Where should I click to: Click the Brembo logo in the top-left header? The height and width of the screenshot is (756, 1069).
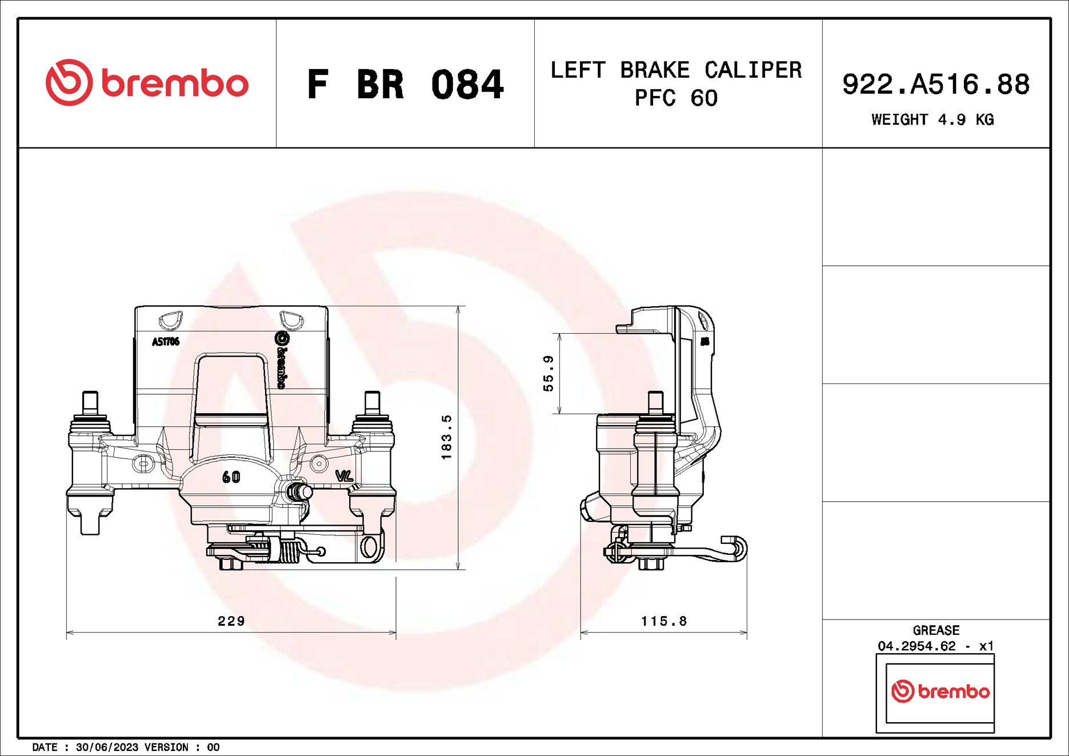tap(147, 83)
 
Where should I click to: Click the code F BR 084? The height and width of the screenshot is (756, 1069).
tap(405, 85)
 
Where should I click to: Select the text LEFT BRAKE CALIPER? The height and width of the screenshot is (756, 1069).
tap(676, 70)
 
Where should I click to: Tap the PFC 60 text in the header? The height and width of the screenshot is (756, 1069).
tap(676, 98)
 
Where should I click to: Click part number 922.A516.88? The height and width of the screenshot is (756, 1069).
tap(935, 85)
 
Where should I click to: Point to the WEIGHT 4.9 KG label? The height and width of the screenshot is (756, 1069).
tap(932, 119)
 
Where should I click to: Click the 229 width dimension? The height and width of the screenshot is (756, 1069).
tap(231, 621)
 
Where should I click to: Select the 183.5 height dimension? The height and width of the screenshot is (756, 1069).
tap(446, 437)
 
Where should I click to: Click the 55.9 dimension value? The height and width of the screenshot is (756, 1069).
tap(548, 373)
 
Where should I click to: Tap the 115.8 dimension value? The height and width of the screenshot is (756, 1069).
tap(663, 621)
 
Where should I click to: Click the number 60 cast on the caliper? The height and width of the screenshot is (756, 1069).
tap(231, 477)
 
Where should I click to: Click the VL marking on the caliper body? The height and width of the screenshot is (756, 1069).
tap(344, 475)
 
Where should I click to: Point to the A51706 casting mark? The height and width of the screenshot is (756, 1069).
tap(165, 342)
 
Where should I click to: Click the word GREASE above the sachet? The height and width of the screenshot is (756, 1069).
tap(936, 630)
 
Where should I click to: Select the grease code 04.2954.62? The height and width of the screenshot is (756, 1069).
tap(916, 646)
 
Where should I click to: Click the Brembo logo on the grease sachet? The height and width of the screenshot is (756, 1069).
tap(940, 691)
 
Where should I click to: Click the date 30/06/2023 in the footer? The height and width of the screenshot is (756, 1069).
tap(107, 747)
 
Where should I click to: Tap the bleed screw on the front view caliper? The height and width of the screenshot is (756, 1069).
tap(299, 491)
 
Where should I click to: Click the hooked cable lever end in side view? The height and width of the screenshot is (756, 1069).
tap(737, 547)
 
